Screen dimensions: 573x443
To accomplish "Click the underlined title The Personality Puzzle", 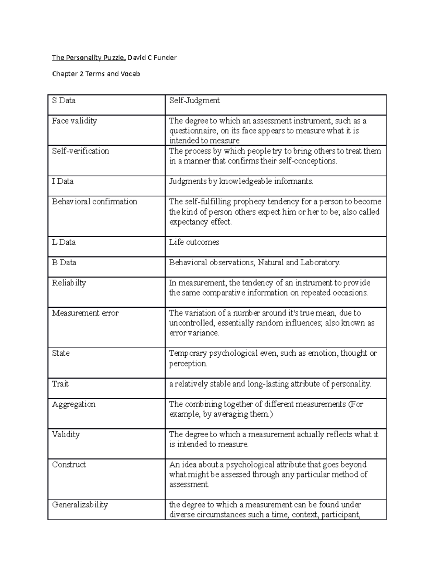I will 89,58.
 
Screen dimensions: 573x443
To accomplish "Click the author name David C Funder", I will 152,58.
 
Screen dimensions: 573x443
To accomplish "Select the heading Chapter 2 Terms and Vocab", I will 96,74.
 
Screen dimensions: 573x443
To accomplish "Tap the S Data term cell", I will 64,101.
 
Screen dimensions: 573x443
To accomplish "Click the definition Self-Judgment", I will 194,101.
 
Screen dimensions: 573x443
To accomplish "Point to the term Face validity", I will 75,121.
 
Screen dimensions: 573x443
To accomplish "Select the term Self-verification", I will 80,151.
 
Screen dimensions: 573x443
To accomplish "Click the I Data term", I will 63,182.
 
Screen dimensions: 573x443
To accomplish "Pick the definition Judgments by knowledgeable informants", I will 241,182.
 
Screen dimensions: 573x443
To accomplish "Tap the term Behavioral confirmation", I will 95,202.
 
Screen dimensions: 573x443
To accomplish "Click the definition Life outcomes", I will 194,242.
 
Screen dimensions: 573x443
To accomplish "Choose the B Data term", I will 64,263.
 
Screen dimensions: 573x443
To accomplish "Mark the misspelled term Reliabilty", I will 69,283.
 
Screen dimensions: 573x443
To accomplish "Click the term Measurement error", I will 85,313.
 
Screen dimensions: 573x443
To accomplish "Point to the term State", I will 61,353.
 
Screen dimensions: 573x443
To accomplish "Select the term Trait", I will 61,384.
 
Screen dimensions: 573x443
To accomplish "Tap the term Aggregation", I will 74,404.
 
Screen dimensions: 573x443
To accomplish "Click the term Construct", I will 69,465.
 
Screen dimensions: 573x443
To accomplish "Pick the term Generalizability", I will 80,505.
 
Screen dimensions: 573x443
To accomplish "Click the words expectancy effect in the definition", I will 200,222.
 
